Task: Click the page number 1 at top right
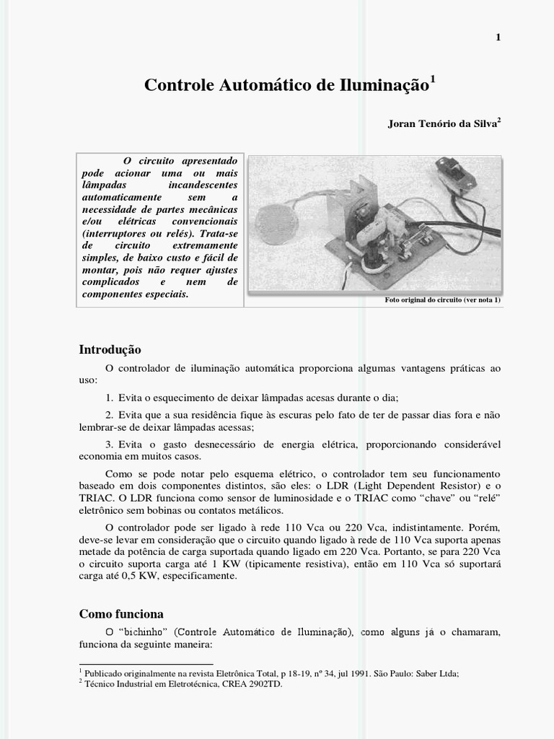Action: [x=498, y=38]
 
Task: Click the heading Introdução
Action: [x=110, y=350]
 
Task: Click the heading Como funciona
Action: [x=121, y=614]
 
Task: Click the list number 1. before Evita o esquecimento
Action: [x=109, y=398]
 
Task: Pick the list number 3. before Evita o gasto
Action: [x=109, y=444]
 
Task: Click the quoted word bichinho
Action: [x=147, y=633]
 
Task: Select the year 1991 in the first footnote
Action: [x=327, y=673]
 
